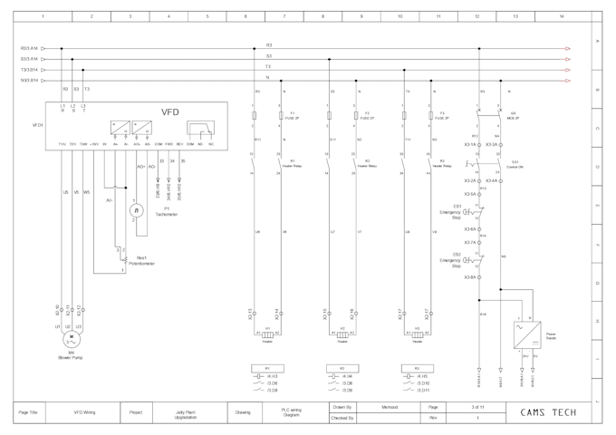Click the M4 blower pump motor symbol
tap(71, 339)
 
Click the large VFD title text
tap(170, 112)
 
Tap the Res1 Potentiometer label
tap(146, 260)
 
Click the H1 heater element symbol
tap(267, 334)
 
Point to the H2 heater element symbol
tap(342, 334)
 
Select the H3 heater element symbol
tap(417, 334)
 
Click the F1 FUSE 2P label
tap(291, 116)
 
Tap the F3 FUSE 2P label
tap(441, 116)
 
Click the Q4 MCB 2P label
tap(514, 116)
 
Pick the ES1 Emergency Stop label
tap(450, 211)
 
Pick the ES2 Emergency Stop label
tap(450, 262)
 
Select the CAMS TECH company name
tap(548, 412)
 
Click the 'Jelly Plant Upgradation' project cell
tap(186, 412)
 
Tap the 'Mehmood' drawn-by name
tap(390, 407)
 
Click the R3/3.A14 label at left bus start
tap(29, 48)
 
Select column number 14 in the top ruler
tap(561, 16)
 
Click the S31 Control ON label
tap(514, 165)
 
